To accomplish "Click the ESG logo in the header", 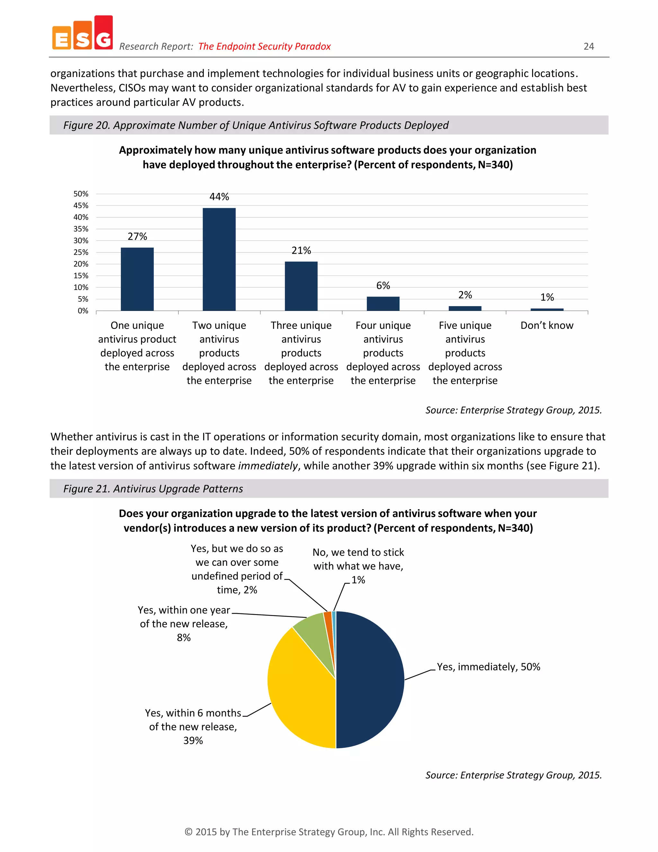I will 82,33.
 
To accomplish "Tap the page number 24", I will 588,46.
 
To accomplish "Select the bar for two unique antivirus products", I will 219,259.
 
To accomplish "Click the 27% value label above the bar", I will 137,236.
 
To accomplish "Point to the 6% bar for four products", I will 383,304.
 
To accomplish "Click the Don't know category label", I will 547,325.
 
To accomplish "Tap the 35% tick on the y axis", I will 81,229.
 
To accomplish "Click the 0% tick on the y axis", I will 83,311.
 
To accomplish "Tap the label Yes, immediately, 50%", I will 488,667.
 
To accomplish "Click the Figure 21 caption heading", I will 153,489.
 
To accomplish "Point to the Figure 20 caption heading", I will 256,125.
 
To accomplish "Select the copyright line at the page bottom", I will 329,832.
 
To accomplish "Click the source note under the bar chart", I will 513,410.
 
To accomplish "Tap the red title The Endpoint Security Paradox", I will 264,46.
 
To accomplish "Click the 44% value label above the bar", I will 219,197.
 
